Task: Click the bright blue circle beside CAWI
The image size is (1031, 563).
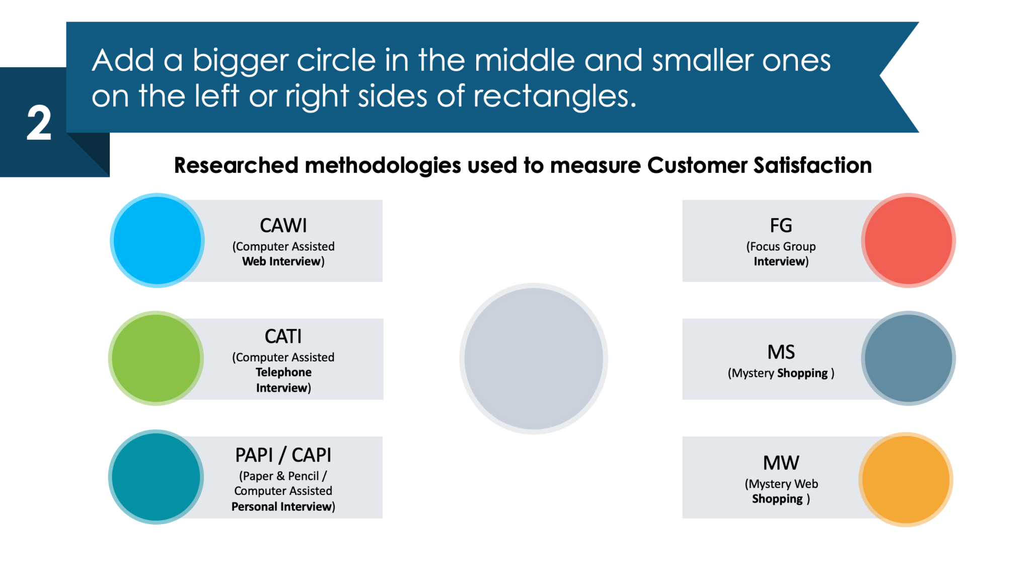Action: click(x=157, y=240)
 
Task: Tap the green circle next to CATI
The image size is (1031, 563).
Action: click(x=156, y=358)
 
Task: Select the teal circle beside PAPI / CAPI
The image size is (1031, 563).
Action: click(x=156, y=477)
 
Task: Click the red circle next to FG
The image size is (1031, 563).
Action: click(x=908, y=240)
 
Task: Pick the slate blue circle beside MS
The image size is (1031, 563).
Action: click(x=908, y=358)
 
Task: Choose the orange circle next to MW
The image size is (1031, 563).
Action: click(x=906, y=479)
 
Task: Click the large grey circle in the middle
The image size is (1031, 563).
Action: click(x=534, y=358)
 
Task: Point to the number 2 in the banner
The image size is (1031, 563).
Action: click(x=39, y=123)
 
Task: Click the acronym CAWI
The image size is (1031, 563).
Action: click(x=283, y=226)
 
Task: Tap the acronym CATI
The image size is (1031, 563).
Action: click(x=283, y=336)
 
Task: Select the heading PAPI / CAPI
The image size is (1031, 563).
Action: click(x=283, y=455)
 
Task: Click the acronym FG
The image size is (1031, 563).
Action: click(x=781, y=226)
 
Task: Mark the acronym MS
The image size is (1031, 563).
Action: click(x=781, y=352)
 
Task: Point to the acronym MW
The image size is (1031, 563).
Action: click(x=781, y=463)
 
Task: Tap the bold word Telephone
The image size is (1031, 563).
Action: click(x=283, y=372)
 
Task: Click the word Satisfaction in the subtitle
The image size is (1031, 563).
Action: click(x=813, y=165)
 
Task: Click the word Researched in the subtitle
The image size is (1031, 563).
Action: click(x=236, y=165)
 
